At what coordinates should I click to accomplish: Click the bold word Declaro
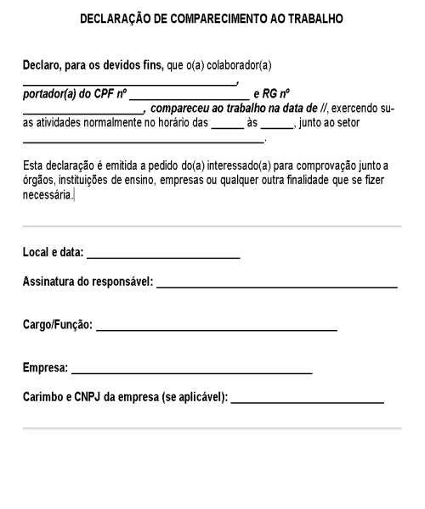42,66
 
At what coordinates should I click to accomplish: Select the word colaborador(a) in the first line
237,66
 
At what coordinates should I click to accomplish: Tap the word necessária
48,195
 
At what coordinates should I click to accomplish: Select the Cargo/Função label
57,325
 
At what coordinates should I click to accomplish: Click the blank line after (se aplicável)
307,400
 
